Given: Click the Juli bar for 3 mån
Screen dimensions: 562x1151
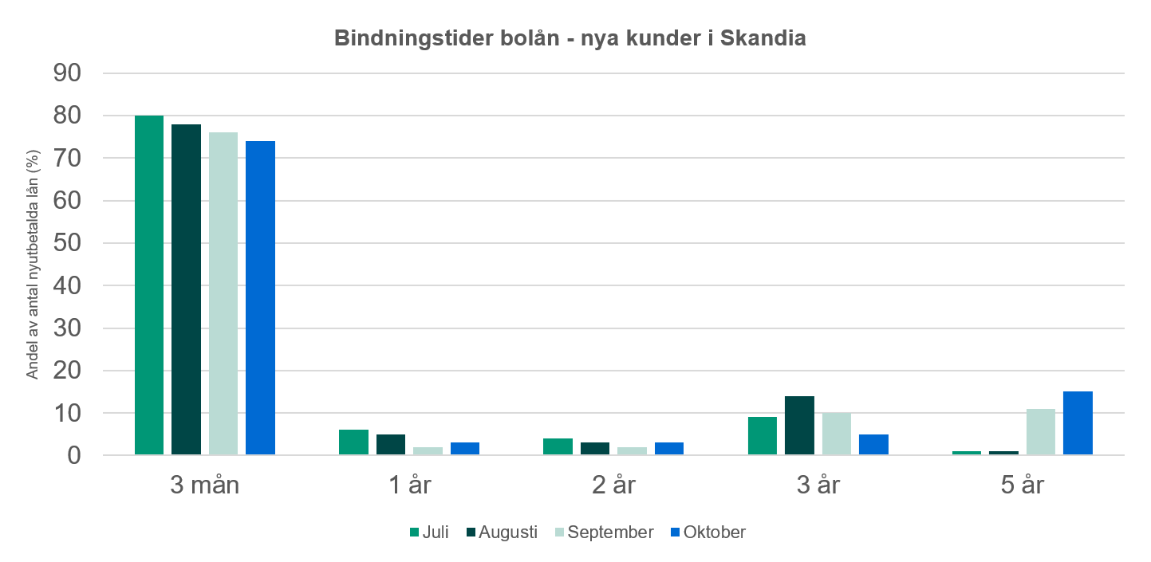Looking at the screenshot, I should point(149,285).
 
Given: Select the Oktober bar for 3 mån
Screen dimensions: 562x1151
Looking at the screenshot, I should point(260,298).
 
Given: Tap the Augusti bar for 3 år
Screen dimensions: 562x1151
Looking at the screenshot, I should point(799,426).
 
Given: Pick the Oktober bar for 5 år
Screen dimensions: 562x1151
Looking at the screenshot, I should point(1078,423).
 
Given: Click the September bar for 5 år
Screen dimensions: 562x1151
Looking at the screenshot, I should point(1041,432).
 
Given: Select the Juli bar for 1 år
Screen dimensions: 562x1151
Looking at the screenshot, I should point(353,442).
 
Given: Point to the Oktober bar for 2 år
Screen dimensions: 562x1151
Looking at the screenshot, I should point(668,449).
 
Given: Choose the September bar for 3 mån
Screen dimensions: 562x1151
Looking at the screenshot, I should point(223,293).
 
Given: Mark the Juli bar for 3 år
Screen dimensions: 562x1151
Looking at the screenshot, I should point(763,436).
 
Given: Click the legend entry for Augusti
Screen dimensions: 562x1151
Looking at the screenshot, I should point(507,532).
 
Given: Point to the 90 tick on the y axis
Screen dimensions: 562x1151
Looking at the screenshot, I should point(67,73).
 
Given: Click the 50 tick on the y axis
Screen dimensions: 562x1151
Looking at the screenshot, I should point(67,243).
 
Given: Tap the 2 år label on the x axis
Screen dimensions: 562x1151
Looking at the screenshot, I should point(613,485).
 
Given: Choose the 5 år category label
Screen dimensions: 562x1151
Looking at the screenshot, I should point(1022,485).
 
